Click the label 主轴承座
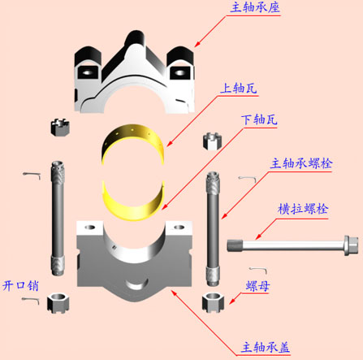point(255,7)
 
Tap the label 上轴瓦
point(239,89)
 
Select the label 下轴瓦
point(259,119)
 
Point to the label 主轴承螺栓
point(301,163)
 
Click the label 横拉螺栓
point(303,209)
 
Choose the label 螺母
point(257,286)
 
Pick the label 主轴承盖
point(266,347)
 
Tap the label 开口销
point(20,286)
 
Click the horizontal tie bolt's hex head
point(351,245)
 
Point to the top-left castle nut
point(60,127)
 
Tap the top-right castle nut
point(213,141)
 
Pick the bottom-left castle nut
point(58,303)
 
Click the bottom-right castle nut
point(213,302)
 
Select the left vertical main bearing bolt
point(58,219)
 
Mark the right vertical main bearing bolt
point(213,228)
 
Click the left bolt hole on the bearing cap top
point(90,227)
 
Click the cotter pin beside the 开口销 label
point(31,300)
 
